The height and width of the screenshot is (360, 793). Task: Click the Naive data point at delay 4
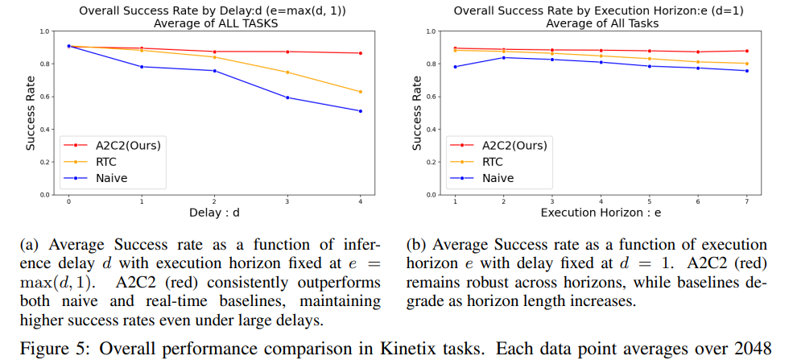click(x=360, y=111)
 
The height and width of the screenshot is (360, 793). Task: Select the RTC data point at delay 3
click(x=287, y=72)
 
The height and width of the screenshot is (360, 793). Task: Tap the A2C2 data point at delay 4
click(x=360, y=53)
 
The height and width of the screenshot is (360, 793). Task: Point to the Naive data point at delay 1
click(x=142, y=67)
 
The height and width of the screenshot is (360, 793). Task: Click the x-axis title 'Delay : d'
click(x=214, y=213)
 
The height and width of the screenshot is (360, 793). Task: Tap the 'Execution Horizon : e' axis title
click(x=601, y=213)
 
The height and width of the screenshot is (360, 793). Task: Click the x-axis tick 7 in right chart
click(x=746, y=201)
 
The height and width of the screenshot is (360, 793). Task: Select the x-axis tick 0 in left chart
click(x=68, y=201)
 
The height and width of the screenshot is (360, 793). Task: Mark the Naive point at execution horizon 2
click(x=504, y=57)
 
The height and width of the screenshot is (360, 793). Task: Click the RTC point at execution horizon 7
click(x=746, y=64)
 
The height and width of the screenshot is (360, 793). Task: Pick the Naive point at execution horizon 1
click(x=456, y=67)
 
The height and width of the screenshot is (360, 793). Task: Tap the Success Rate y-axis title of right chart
click(x=417, y=113)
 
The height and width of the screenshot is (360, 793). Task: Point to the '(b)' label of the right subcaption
click(x=417, y=245)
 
